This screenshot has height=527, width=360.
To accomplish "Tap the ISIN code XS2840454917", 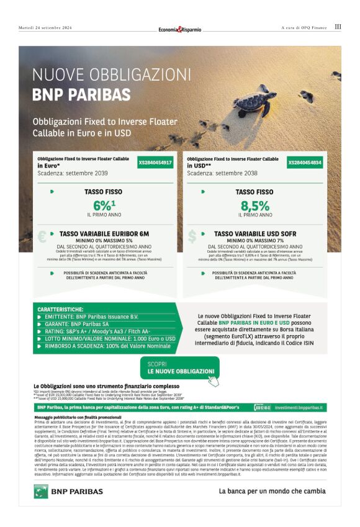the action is [x=155, y=163].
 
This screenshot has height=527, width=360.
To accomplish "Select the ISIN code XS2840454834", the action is [x=305, y=163].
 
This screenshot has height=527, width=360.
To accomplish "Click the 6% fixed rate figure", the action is [x=104, y=205].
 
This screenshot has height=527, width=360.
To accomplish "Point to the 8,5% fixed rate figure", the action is [x=254, y=205].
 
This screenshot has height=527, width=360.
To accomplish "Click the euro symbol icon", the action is [x=42, y=236].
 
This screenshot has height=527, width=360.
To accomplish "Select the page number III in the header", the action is [x=338, y=27].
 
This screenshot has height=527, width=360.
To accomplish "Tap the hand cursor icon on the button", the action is [x=213, y=380].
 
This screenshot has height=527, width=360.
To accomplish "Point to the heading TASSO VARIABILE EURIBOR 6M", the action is [x=104, y=234].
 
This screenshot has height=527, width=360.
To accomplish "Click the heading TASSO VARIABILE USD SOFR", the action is [x=254, y=234].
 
